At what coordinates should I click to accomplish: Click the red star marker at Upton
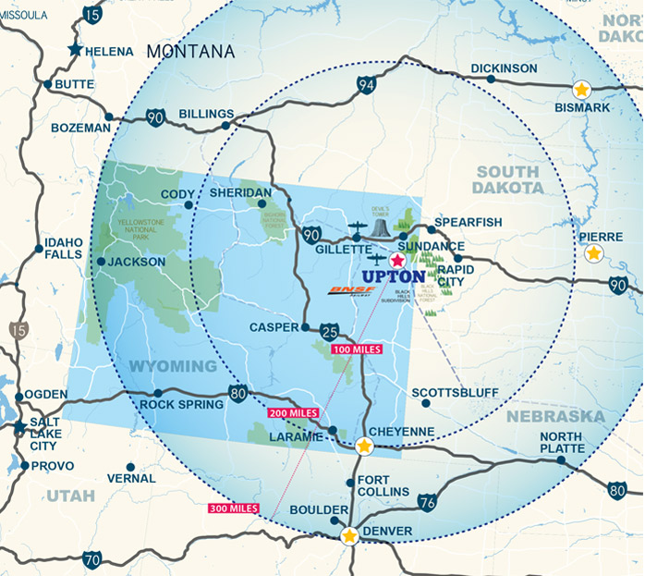[397, 261]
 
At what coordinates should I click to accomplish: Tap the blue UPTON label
[394, 276]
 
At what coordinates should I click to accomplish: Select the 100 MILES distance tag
[356, 350]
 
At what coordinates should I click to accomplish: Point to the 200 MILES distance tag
[293, 412]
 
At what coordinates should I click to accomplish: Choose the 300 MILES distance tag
[232, 509]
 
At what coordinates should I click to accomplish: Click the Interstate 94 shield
[367, 87]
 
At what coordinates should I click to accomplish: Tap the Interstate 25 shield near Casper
[333, 329]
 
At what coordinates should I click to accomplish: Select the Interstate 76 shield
[426, 502]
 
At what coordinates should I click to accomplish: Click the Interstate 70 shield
[91, 559]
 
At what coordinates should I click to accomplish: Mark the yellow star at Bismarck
[581, 90]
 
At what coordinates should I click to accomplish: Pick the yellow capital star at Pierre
[593, 252]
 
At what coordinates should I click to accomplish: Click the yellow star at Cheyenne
[365, 447]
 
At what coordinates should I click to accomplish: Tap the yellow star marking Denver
[349, 535]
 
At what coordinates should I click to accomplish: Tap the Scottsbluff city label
[454, 392]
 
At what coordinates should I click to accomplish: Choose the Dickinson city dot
[491, 79]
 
